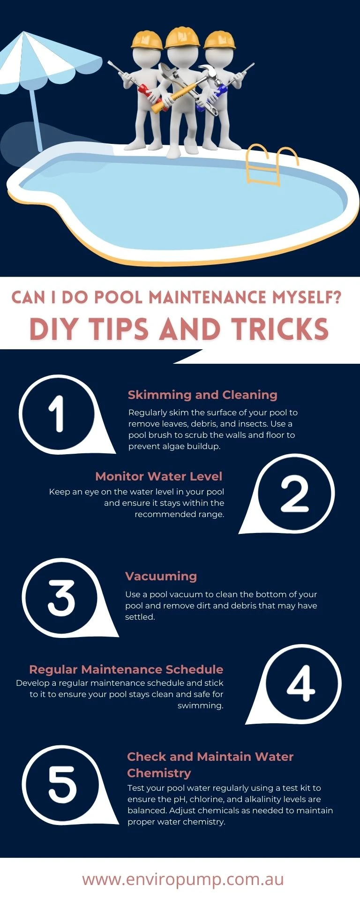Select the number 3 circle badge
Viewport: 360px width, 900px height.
61,598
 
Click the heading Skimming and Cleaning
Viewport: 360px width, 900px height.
202,395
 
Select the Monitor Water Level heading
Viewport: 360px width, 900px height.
158,476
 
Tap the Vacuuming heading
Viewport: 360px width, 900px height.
161,576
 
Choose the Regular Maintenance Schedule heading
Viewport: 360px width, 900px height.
126,669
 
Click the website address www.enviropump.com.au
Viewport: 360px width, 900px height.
183,879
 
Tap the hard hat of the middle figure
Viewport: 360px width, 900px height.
183,37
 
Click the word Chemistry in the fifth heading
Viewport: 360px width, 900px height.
159,773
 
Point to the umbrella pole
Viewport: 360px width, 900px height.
36,120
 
